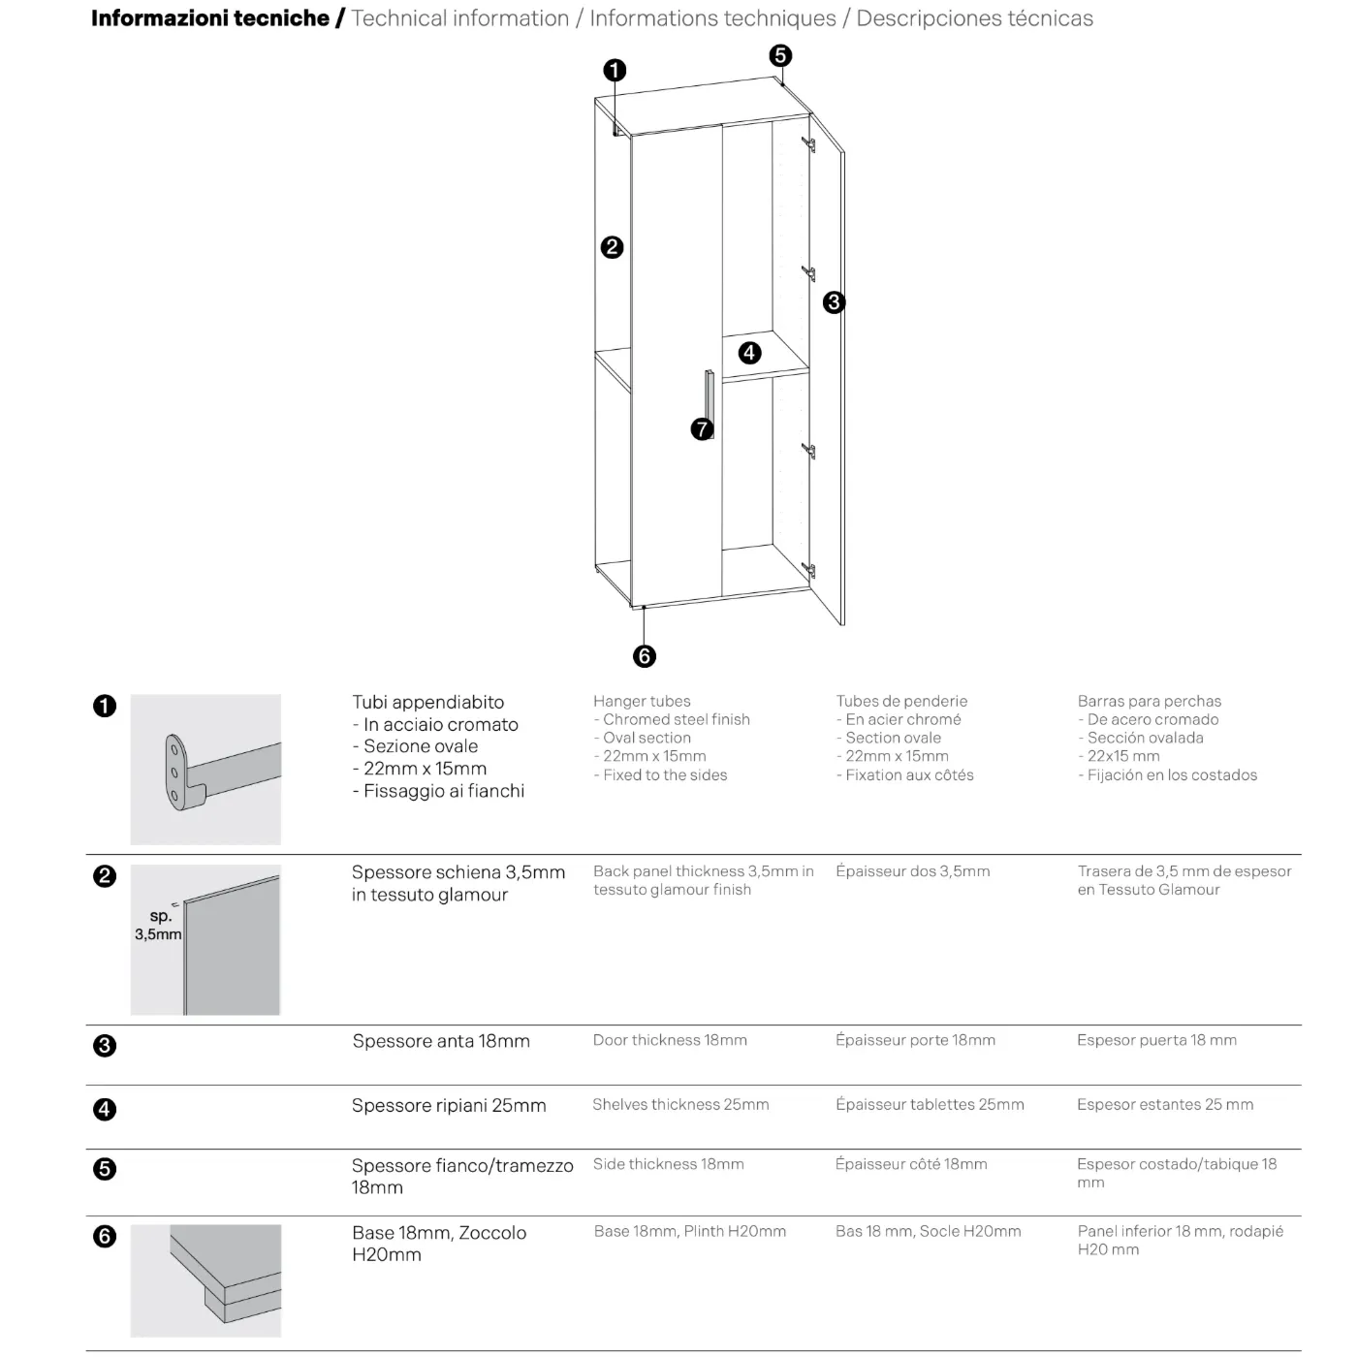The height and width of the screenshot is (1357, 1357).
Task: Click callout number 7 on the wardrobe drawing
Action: (x=702, y=428)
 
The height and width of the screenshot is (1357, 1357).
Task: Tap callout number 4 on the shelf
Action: (x=749, y=353)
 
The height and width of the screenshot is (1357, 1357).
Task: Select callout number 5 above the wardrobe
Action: (x=780, y=55)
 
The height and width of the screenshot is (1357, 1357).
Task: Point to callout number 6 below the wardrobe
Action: (x=645, y=656)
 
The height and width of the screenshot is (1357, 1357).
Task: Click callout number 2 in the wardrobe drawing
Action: (x=612, y=247)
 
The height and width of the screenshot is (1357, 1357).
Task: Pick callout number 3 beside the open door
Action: (x=834, y=302)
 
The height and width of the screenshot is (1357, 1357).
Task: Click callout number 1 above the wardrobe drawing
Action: (x=615, y=70)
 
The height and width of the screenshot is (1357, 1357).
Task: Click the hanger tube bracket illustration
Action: (x=205, y=770)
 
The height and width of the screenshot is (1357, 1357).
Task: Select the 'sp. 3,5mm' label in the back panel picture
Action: (x=158, y=925)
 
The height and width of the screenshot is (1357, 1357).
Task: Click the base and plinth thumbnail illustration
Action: (x=205, y=1280)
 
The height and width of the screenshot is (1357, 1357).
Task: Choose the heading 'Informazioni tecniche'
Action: (x=210, y=18)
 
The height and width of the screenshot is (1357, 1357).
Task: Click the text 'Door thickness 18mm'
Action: (x=670, y=1040)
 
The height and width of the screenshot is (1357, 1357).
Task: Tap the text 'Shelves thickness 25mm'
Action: (x=680, y=1104)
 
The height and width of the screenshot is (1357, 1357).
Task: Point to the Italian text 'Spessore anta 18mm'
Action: (x=441, y=1041)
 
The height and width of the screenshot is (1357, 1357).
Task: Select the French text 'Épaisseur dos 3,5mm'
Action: (x=912, y=871)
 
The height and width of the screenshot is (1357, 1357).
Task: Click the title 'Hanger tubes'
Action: (x=642, y=701)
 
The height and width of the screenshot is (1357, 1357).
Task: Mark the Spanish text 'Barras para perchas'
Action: (x=1149, y=701)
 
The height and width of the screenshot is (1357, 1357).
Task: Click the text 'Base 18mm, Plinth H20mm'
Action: (x=689, y=1231)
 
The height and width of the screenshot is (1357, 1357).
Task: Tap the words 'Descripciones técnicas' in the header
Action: (x=974, y=18)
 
